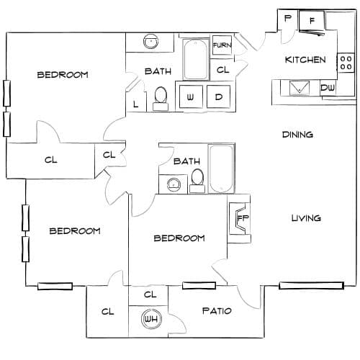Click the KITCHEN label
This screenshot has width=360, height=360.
tap(305, 60)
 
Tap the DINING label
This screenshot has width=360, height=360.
tap(297, 135)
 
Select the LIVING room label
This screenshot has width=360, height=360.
tap(306, 218)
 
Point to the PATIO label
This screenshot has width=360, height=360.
tap(217, 311)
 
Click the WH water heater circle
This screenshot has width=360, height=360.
tap(151, 319)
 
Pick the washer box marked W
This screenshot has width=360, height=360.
tap(191, 96)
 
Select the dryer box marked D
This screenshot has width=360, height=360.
tap(219, 96)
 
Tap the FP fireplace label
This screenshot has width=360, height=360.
tap(243, 218)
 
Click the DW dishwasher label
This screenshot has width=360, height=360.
tap(328, 88)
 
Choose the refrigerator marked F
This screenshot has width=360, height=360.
tap(312, 21)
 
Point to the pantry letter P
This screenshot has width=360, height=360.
tap(288, 18)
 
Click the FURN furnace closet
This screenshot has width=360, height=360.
tap(222, 45)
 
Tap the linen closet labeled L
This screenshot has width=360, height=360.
tap(136, 104)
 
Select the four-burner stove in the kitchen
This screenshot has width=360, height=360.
tap(346, 63)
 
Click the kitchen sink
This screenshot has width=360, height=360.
tap(300, 88)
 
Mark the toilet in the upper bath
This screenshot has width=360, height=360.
tap(161, 99)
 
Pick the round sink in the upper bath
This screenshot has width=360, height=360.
tap(151, 42)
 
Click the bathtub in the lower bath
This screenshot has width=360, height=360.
tap(221, 168)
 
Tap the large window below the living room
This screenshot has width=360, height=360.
tap(312, 286)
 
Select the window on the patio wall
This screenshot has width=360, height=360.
tap(199, 285)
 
